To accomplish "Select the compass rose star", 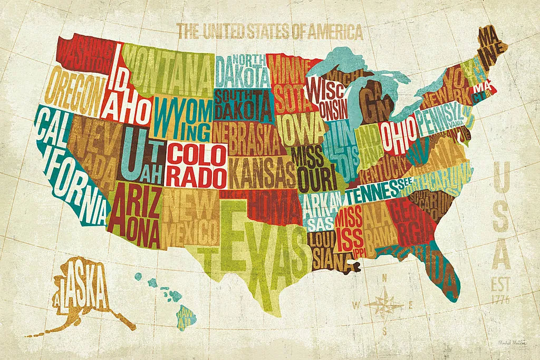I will (x=384, y=303).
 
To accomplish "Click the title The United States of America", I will (x=270, y=32).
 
